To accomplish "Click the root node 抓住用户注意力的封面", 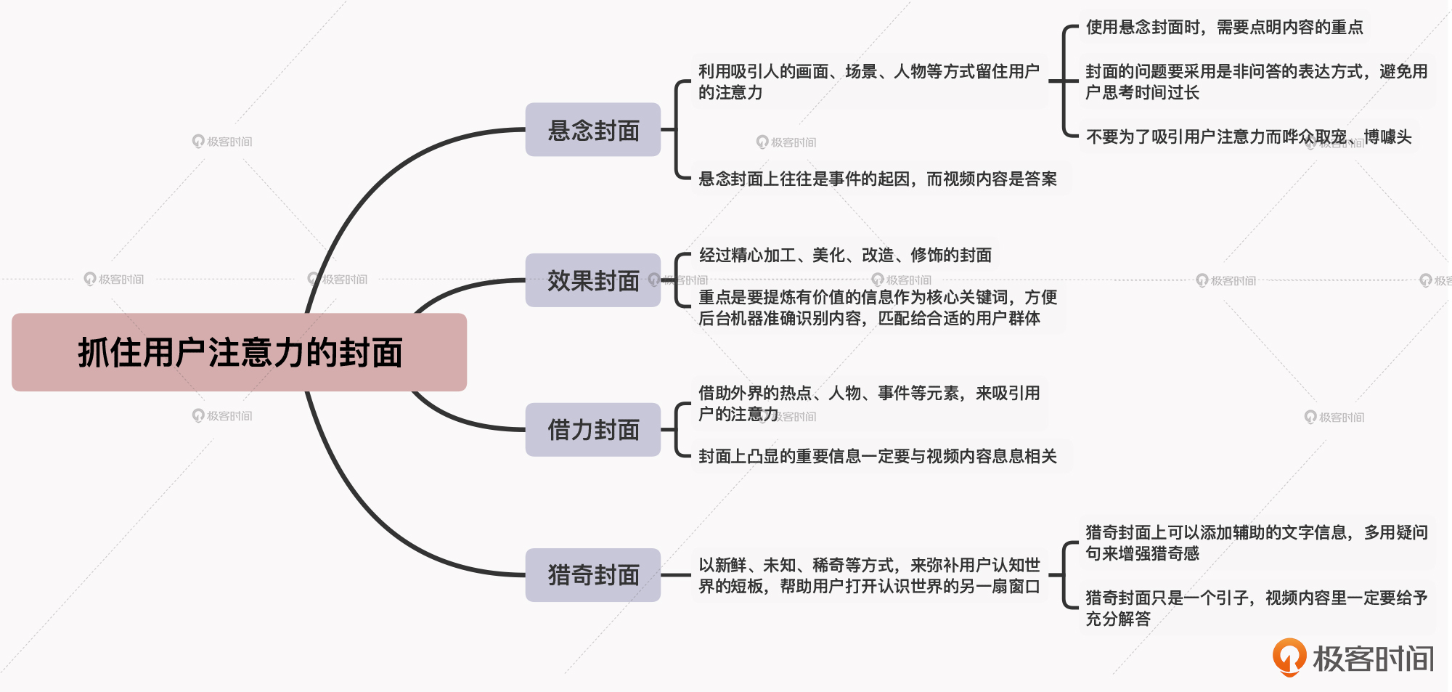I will coord(239,353).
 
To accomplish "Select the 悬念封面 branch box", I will coord(592,130).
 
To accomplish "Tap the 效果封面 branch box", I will coord(592,280).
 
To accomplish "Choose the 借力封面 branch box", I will coord(592,430).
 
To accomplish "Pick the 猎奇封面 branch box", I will coord(592,575).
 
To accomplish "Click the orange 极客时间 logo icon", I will coord(1289,657).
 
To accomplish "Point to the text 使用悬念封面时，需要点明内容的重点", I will coord(1224,28).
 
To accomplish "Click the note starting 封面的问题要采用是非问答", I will coord(1256,81).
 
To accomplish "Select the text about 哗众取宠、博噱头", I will coord(1248,137).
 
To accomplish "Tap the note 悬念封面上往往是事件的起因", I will coord(877,179).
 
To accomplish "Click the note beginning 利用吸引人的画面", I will coord(868,81).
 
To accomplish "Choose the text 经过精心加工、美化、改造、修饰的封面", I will coord(845,255).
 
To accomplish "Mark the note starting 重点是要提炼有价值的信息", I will coord(877,308).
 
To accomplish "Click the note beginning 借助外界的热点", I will coord(868,404).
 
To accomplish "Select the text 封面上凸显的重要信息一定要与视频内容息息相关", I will coord(877,456).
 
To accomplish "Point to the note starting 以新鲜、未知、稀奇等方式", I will coord(868,575).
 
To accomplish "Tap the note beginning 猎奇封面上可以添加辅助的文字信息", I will coord(1256,542).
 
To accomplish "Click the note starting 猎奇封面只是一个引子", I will coord(1256,608).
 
